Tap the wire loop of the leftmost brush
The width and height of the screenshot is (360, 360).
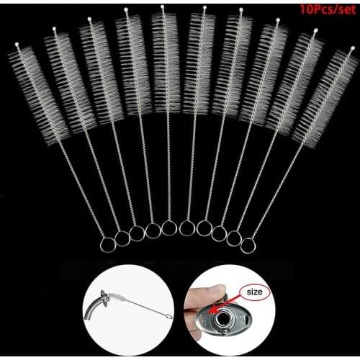pyautogui.click(x=107, y=245)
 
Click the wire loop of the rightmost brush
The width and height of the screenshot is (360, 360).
pyautogui.click(x=248, y=246)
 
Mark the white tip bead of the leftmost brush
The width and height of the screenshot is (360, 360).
pyautogui.click(x=18, y=46)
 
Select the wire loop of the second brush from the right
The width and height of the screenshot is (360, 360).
pyautogui.click(x=233, y=238)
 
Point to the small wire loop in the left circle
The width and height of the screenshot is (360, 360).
pyautogui.click(x=167, y=317)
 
